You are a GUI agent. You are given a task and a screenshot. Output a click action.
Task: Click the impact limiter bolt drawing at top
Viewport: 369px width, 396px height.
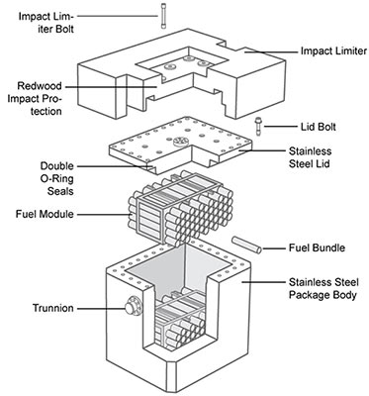coord(163,17)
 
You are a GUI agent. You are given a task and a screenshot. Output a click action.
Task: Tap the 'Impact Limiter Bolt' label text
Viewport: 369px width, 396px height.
coord(46,23)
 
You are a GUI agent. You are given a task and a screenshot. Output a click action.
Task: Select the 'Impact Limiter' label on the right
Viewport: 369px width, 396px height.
coord(333,51)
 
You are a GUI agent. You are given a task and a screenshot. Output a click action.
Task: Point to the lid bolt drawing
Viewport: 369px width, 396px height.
coord(257,127)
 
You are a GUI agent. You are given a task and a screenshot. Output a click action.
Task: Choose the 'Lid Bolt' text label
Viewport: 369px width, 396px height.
coord(318,127)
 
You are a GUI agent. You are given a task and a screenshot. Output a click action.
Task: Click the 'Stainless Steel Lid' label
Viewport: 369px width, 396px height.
coord(310,157)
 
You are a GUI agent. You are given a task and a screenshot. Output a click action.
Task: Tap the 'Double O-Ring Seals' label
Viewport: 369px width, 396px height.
coord(57,178)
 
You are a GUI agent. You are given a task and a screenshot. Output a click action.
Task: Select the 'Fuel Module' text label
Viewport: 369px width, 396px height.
coord(45,214)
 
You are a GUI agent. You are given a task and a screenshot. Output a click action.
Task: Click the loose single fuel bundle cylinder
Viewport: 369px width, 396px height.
coord(246,245)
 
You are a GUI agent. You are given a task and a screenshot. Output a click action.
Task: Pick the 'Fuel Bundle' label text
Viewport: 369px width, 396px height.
coord(317,247)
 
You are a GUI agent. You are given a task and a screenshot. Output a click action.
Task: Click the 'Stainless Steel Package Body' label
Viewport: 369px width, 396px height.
coord(323,288)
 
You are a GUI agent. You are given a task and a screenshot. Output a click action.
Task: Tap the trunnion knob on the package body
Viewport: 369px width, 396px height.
coord(134,307)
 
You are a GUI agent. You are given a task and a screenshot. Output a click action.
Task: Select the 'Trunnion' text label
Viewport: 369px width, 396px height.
coord(53,308)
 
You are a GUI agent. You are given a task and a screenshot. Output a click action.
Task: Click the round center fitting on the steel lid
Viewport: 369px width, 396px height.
coord(180,143)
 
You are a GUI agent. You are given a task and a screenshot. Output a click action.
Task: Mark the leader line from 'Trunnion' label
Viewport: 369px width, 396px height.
coord(101,309)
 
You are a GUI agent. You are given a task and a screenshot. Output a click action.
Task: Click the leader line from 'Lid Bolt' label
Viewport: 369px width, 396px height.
coord(280,127)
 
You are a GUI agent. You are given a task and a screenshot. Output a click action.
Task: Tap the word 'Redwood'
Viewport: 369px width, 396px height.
coord(40,86)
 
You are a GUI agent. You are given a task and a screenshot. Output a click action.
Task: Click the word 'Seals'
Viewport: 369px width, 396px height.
coord(60,191)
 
